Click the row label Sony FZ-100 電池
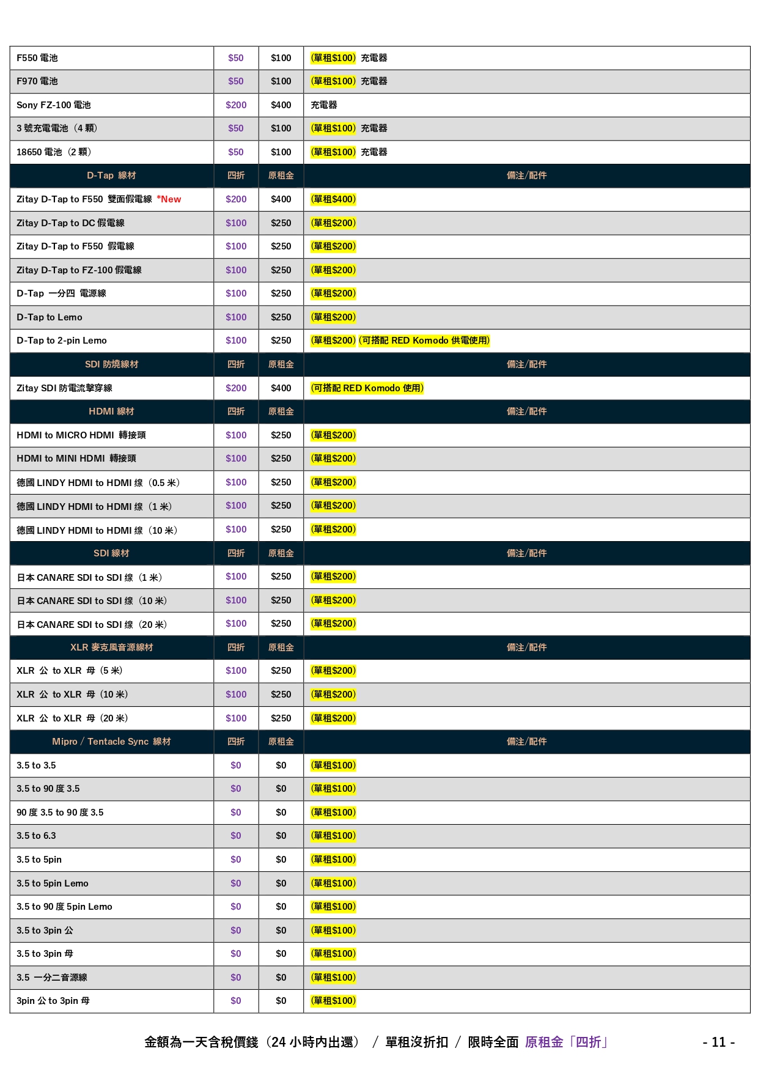pos(54,105)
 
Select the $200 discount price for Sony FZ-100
pos(236,105)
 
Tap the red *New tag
pos(169,199)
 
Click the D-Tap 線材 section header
pos(111,175)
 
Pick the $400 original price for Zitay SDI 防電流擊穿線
pos(281,388)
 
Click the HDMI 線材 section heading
pos(111,411)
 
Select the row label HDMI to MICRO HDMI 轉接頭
pos(81,435)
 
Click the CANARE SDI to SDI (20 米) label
pos(92,624)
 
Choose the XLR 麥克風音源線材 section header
pos(111,647)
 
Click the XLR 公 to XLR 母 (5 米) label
pos(70,671)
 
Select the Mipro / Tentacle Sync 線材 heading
pos(111,742)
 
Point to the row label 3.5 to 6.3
pos(36,836)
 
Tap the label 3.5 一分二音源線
pos(52,978)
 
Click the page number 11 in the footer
pos(719,1042)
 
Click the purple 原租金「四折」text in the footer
pos(566,1042)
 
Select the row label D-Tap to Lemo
pos(50,317)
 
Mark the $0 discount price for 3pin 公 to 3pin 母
pos(236,1001)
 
